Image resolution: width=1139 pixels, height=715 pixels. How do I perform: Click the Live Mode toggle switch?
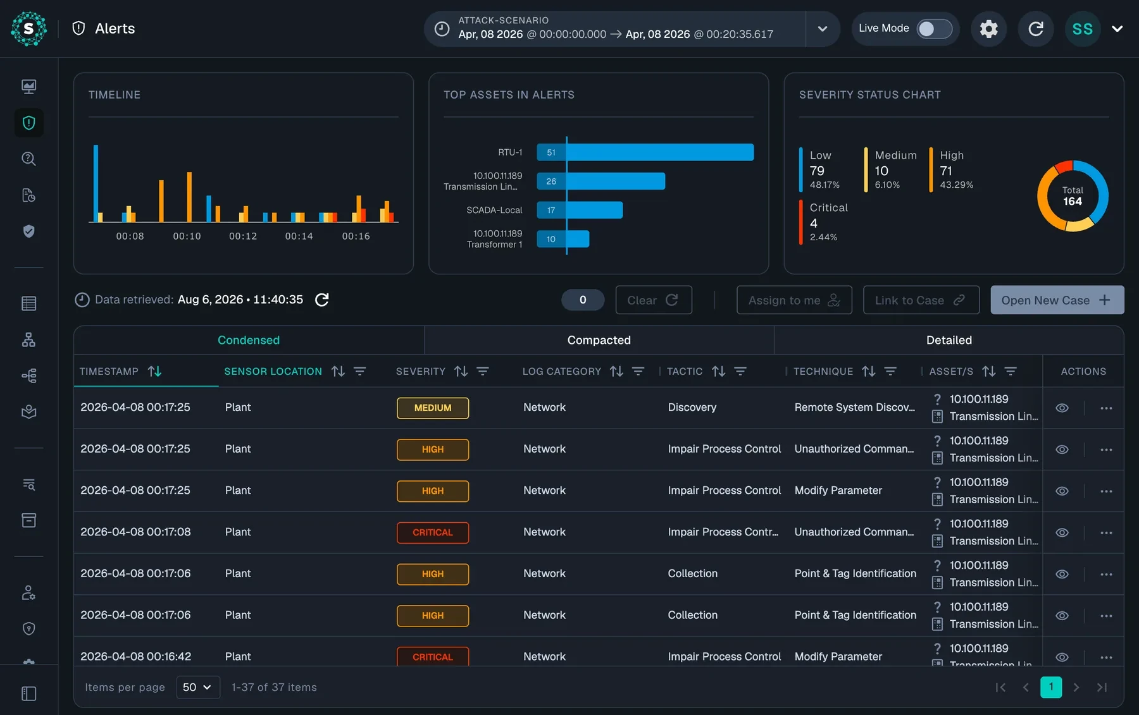tap(934, 28)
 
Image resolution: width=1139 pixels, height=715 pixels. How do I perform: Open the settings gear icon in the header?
tap(988, 28)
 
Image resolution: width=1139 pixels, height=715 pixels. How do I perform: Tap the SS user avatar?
tap(1082, 28)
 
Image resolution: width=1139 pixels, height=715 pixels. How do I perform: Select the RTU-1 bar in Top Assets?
tap(645, 152)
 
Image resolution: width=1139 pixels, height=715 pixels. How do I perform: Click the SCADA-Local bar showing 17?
tap(580, 210)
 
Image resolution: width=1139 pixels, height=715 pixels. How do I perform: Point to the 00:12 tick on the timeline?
tap(243, 236)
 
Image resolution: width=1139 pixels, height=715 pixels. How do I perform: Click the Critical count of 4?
tap(814, 223)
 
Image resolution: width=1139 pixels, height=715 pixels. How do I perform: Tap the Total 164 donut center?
tap(1073, 196)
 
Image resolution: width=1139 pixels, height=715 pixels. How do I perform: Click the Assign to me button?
tap(794, 300)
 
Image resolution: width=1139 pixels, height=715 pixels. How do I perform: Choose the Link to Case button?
tap(921, 300)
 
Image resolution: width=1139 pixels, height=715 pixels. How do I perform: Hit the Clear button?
tap(654, 300)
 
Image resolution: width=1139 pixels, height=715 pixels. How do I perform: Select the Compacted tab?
tap(599, 340)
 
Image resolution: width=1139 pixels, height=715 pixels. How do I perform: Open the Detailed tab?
tap(949, 340)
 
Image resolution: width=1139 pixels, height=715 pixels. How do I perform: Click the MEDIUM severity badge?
tap(433, 408)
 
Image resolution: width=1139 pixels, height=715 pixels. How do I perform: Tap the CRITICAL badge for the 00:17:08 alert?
tap(433, 532)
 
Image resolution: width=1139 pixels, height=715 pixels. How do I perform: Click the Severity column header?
tap(421, 372)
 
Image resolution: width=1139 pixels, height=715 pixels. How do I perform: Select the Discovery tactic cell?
tap(692, 408)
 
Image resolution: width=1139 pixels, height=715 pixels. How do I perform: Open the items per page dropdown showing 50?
tap(197, 687)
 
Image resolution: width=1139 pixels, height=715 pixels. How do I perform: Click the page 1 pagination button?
tap(1051, 687)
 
